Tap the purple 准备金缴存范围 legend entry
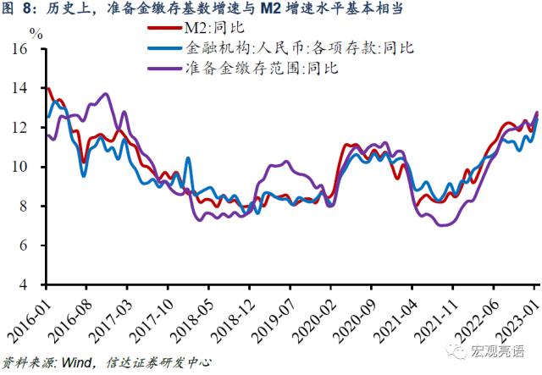(x=259, y=68)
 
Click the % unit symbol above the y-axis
(x=36, y=34)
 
